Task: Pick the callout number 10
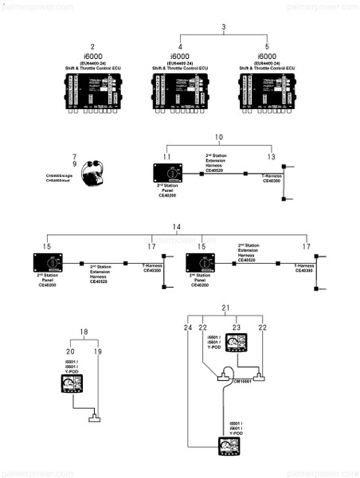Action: [219, 139]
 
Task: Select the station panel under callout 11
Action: [167, 175]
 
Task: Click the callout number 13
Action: [272, 157]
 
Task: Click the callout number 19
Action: [98, 351]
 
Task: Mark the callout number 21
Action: [225, 308]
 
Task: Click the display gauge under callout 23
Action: [236, 345]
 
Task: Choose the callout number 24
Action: [188, 327]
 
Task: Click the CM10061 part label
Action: [242, 382]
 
